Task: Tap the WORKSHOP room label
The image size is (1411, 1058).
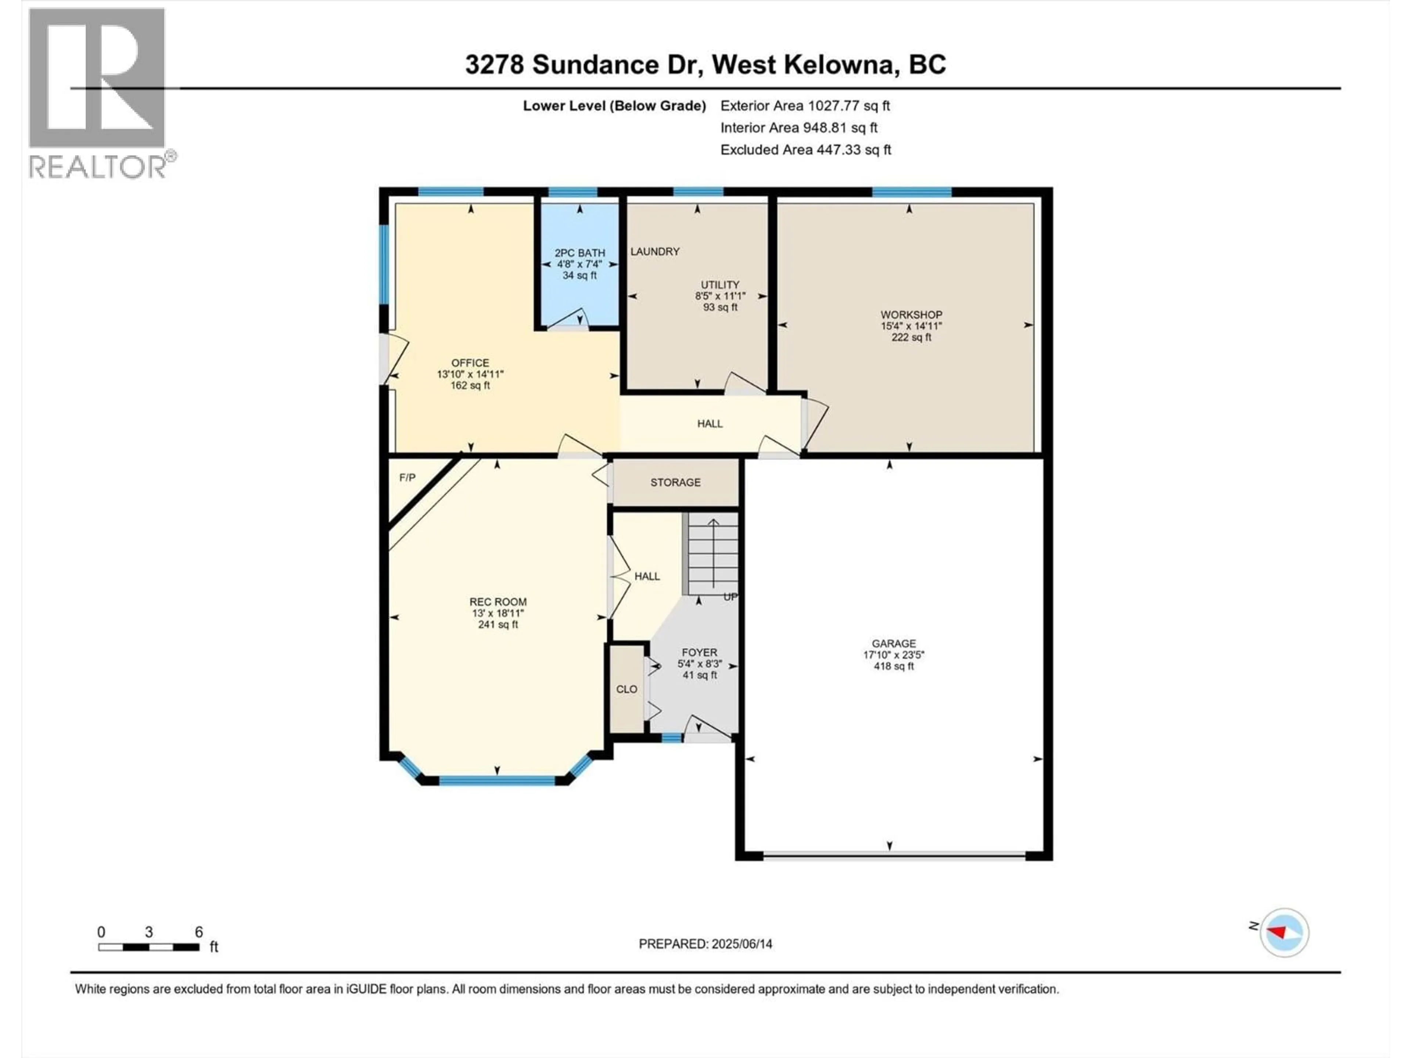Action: pos(911,314)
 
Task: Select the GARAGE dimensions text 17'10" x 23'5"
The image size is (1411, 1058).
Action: pos(894,654)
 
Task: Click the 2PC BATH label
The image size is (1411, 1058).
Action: pos(579,252)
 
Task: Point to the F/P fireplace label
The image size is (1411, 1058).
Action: pos(407,478)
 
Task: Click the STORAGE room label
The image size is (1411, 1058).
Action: pos(675,482)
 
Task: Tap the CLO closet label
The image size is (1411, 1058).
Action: pos(626,689)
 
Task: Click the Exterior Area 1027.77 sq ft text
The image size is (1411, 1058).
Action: pos(805,106)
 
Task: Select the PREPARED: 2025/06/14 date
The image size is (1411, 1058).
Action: pos(705,944)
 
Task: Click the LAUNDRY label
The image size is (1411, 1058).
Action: pos(654,251)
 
